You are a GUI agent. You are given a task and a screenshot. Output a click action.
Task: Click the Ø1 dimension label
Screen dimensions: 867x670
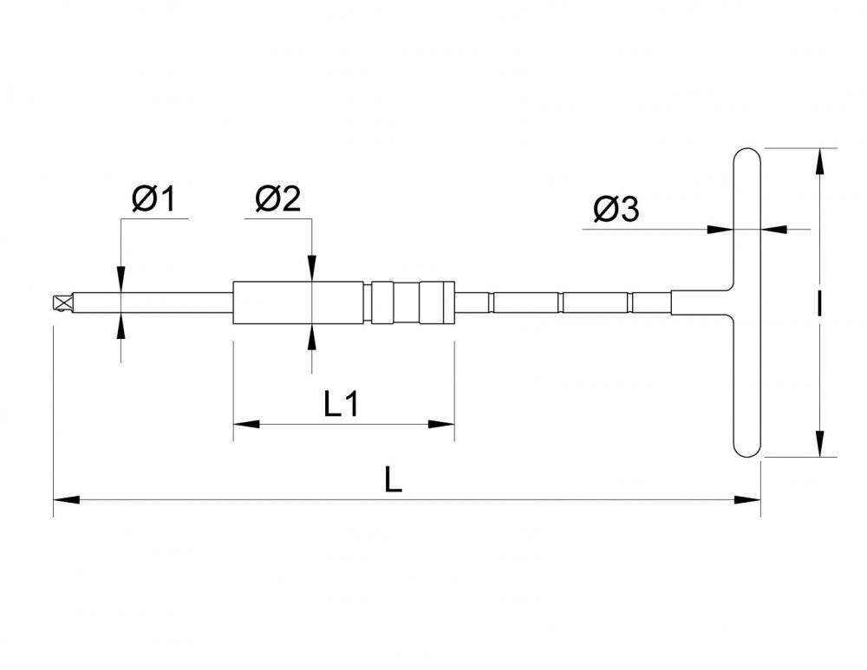[x=153, y=199]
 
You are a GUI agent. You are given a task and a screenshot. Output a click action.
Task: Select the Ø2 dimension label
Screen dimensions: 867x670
[x=278, y=199]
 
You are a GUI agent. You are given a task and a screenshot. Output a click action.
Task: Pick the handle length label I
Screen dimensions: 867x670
[x=819, y=303]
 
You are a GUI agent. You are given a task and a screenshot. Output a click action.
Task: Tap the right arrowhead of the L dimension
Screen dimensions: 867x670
[x=747, y=500]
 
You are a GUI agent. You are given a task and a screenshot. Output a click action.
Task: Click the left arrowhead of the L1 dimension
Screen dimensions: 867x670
[x=246, y=424]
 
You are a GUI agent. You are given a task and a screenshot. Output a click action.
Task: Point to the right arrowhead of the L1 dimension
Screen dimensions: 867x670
[x=441, y=424]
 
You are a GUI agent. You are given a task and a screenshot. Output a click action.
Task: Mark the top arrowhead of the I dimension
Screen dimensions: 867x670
[x=819, y=161]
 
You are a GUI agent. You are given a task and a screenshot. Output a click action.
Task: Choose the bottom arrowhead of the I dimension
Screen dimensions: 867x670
[x=819, y=444]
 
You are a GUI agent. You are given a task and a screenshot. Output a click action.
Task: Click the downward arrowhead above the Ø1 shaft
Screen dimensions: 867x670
[x=121, y=279]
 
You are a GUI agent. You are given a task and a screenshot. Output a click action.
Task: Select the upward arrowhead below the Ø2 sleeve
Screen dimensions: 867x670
[x=312, y=337]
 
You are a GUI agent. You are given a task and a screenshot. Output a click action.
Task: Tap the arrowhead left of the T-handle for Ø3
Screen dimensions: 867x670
[x=720, y=229]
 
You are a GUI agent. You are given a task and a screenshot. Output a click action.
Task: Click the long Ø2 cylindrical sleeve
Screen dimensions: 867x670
[x=298, y=303]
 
